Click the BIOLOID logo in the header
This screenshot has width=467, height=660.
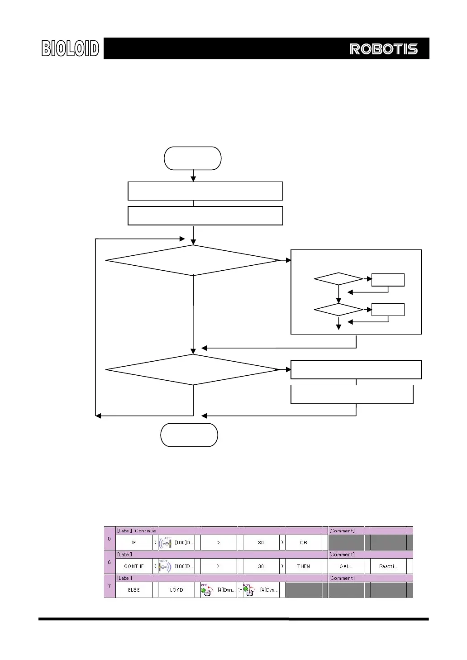pos(70,48)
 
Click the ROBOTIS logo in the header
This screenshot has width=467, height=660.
pos(383,49)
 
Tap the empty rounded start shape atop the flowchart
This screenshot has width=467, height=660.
pos(193,158)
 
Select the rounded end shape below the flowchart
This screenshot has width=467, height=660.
pos(189,435)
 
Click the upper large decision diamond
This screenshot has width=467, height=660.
pos(193,260)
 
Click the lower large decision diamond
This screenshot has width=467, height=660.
pos(193,370)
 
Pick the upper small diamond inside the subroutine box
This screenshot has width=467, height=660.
pos(338,279)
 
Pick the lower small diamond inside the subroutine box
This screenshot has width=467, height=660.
pos(338,310)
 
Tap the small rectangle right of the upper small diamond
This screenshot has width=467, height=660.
pos(388,280)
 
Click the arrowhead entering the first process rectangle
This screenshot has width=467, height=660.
pos(193,179)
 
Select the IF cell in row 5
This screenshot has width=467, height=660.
pos(134,542)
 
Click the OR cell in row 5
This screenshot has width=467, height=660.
pos(304,542)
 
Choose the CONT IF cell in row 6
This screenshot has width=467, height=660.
pos(134,566)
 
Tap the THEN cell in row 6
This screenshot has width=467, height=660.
pos(304,566)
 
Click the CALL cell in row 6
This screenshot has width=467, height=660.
pos(346,566)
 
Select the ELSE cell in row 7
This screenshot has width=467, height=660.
pos(134,590)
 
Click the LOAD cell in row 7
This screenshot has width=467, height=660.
pos(176,590)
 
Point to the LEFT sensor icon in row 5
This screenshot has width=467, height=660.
pos(166,542)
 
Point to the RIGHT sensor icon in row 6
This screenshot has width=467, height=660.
pos(165,566)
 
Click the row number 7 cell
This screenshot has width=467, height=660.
pos(110,586)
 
